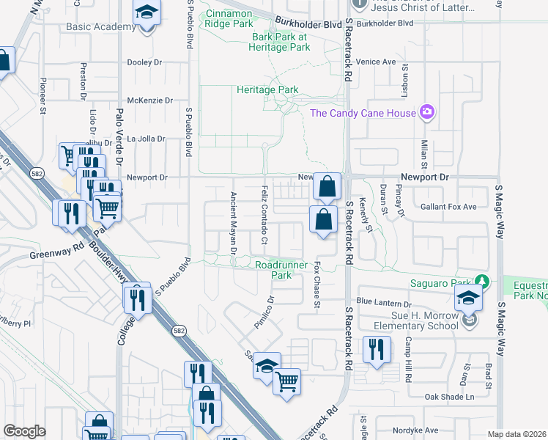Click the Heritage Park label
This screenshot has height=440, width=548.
[x=267, y=89]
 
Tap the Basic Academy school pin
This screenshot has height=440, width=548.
[x=147, y=14]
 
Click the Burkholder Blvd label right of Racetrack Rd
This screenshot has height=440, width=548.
[x=386, y=23]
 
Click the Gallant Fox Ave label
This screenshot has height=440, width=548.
[x=448, y=207]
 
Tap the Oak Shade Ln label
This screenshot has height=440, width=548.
[x=450, y=397]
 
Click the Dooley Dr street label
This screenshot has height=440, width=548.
[x=144, y=63]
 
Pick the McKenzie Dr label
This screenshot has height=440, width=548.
[x=149, y=100]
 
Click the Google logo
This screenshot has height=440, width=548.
[x=24, y=431]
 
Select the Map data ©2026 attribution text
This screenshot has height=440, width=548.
[x=516, y=434]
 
